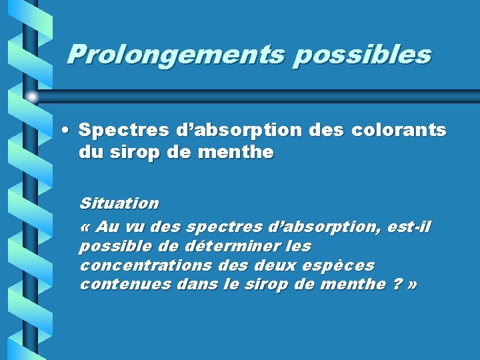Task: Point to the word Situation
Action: (119, 203)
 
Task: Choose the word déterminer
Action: (226, 246)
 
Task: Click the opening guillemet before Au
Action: (85, 227)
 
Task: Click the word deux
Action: (275, 265)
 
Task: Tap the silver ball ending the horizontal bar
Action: (32, 97)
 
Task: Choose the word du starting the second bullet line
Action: (89, 153)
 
